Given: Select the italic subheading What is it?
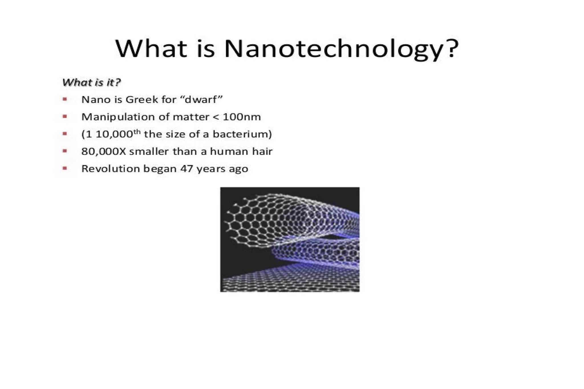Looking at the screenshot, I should [x=92, y=82].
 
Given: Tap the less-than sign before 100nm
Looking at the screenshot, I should [x=216, y=117].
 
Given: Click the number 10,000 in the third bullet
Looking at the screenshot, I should [x=114, y=134].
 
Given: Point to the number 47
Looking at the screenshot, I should [x=187, y=169].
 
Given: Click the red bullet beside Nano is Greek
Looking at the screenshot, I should [x=65, y=99].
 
